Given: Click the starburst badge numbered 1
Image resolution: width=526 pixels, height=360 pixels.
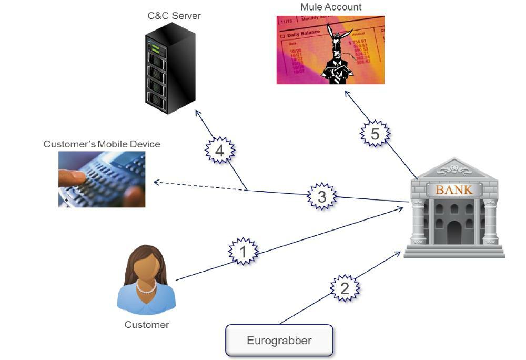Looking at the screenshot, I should [243, 252].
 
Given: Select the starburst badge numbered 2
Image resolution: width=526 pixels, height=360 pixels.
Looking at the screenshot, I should [345, 288].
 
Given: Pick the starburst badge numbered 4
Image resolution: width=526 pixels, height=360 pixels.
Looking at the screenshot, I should [219, 151].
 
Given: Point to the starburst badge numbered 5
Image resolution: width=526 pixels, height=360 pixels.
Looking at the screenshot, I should [375, 134].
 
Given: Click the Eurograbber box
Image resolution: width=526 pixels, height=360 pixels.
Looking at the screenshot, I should [279, 341].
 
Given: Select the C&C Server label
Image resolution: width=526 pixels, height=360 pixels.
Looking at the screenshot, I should [174, 16].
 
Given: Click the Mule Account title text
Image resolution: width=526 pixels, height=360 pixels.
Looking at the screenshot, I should [331, 7].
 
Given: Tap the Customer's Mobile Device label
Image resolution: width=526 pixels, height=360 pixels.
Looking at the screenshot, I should [102, 144].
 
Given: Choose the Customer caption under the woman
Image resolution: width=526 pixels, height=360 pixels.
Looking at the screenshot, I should [147, 325].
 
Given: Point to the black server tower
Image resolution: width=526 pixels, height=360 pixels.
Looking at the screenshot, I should [169, 68].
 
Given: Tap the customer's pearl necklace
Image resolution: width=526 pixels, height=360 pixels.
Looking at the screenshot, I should [146, 287].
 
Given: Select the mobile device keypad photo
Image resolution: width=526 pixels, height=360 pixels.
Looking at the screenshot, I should [102, 179].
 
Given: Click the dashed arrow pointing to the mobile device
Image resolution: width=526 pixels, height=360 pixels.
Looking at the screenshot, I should [200, 186].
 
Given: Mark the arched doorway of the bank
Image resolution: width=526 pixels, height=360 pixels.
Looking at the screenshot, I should [454, 232].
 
